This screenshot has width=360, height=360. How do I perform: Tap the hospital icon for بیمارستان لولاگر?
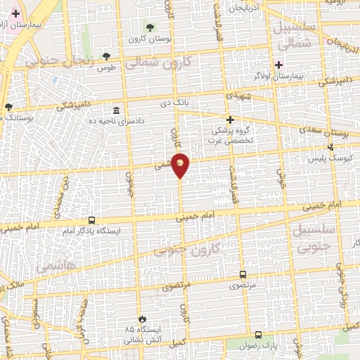point(278,65)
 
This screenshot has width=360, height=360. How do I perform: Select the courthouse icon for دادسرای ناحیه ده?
point(117,110)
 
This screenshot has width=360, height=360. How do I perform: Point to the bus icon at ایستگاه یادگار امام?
point(91,221)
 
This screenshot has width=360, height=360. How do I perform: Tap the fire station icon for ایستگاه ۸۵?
point(141,319)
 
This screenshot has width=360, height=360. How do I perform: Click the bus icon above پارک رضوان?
point(259,335)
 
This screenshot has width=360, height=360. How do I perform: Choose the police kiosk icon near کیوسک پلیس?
point(331,147)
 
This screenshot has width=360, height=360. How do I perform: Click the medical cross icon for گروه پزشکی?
point(230,120)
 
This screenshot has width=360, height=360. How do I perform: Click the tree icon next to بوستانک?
point(8,107)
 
